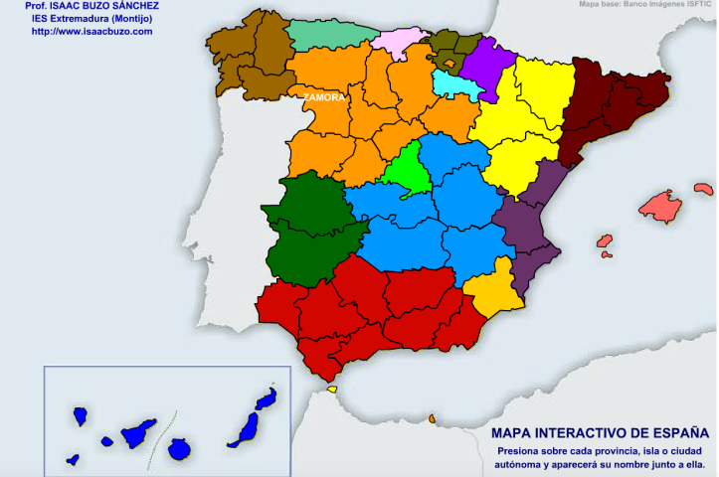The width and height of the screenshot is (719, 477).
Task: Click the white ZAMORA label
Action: tap(325, 98)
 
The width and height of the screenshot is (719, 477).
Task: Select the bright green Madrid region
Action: tap(409, 169)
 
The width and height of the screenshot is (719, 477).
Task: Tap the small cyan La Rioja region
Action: tap(460, 87)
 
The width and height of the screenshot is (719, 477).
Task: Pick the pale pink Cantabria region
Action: tap(399, 41)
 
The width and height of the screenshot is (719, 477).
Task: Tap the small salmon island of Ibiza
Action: tap(604, 240)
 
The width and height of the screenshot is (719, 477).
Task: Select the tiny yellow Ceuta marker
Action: tap(331, 389)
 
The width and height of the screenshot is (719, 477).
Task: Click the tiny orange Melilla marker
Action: tap(433, 418)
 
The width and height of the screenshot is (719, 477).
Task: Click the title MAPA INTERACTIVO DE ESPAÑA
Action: tap(600, 433)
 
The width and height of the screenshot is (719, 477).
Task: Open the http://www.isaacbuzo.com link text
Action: tap(91, 31)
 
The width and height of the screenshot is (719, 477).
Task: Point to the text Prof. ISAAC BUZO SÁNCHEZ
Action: tap(91, 6)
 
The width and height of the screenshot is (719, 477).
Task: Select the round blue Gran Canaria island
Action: tap(179, 449)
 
